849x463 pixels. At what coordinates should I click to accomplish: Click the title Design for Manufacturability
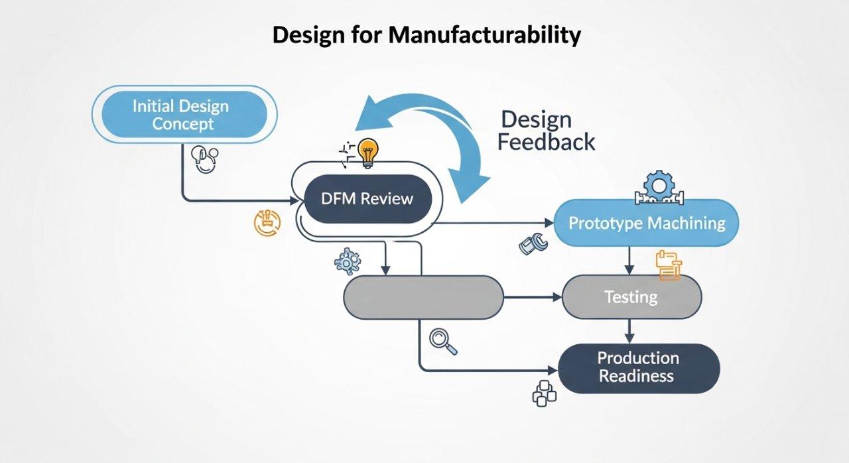point(426,34)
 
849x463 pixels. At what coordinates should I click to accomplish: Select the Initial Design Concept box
point(181,114)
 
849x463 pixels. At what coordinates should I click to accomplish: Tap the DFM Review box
point(367,198)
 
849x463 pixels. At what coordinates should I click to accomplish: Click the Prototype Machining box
point(646,223)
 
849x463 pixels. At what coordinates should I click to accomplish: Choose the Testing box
point(631,297)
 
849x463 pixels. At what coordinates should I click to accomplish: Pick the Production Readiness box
point(638,367)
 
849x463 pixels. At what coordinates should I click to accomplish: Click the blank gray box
point(423,297)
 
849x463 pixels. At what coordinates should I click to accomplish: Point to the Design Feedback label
point(546,131)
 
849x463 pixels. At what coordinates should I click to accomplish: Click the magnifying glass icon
point(440,339)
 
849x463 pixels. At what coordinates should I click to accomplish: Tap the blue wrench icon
point(534,244)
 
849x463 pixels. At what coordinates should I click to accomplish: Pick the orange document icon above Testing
point(668,265)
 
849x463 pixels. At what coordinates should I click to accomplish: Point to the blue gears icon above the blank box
point(347,261)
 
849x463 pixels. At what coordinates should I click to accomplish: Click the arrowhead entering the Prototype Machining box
point(548,223)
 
